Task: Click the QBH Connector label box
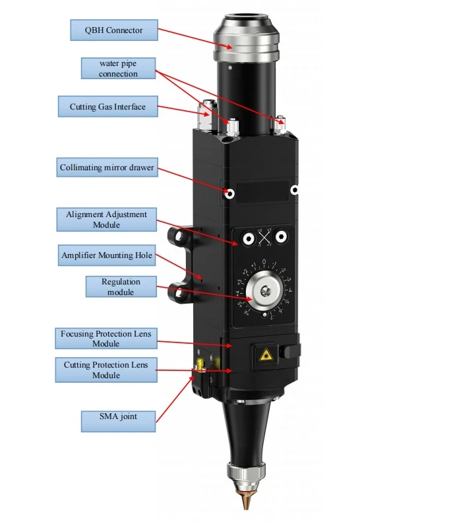[x=114, y=30]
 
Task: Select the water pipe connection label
[x=118, y=69]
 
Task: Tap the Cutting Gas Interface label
[x=107, y=107]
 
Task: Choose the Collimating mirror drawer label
[x=107, y=168]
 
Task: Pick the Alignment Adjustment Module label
[x=106, y=219]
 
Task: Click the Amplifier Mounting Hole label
[x=107, y=255]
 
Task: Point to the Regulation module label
[x=121, y=286]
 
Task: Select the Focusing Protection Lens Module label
[x=106, y=339]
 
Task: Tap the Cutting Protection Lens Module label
[x=106, y=370]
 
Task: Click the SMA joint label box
[x=118, y=421]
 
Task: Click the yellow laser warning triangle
[x=266, y=355]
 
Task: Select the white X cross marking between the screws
[x=264, y=238]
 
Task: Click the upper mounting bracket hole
[x=179, y=236]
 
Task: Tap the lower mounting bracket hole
[x=179, y=293]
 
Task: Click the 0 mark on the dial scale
[x=264, y=261]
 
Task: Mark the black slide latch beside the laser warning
[x=291, y=351]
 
